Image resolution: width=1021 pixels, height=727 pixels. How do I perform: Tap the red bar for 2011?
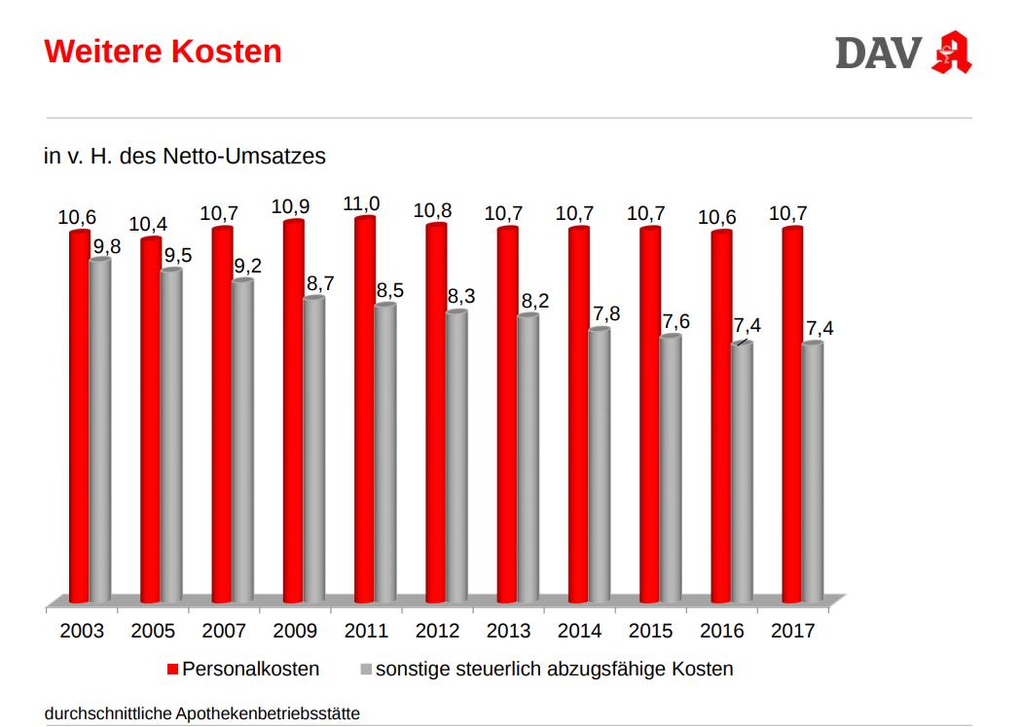pyautogui.click(x=365, y=410)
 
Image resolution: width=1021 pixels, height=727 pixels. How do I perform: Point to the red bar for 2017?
pyautogui.click(x=792, y=415)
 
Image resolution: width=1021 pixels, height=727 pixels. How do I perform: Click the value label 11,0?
pyautogui.click(x=362, y=203)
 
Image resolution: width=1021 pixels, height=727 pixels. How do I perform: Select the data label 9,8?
pyautogui.click(x=105, y=246)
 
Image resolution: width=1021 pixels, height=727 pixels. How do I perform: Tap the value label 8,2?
pyautogui.click(x=533, y=301)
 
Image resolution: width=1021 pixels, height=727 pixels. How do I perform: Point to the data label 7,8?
pyautogui.click(x=604, y=314)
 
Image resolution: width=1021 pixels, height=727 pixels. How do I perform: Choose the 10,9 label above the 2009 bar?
pyautogui.click(x=290, y=207)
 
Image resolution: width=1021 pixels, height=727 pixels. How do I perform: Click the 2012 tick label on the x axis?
pyautogui.click(x=437, y=631)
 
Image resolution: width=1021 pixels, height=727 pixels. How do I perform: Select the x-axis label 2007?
pyautogui.click(x=224, y=631)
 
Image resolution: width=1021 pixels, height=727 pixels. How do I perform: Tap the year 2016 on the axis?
pyautogui.click(x=721, y=631)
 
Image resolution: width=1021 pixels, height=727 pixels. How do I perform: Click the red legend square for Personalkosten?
pyautogui.click(x=172, y=670)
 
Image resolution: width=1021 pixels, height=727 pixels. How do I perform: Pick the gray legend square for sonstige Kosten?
pyautogui.click(x=366, y=670)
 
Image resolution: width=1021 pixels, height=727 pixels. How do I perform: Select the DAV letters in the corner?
pyautogui.click(x=877, y=53)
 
